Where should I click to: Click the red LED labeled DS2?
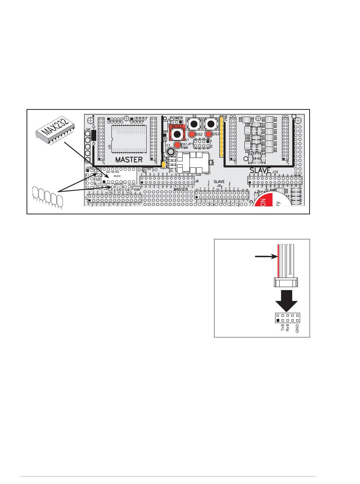coord(192,134)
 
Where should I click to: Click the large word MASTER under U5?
coord(128,159)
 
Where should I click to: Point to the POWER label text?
coord(176,118)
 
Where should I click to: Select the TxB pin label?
coord(283,328)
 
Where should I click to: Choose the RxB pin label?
coord(288,328)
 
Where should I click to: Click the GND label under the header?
coord(297,328)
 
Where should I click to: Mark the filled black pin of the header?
coord(278,320)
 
